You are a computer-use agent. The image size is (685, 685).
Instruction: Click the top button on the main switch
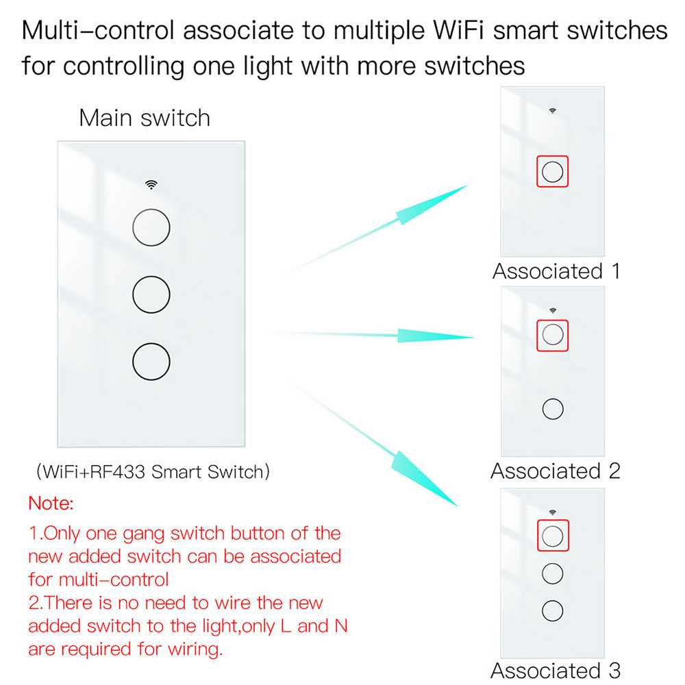tap(151, 227)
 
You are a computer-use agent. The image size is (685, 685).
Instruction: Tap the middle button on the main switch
tap(151, 294)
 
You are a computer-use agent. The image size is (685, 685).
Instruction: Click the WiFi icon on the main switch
tap(151, 184)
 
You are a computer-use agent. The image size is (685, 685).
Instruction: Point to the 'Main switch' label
tap(145, 118)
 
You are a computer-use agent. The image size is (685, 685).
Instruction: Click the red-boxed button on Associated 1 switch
tap(552, 171)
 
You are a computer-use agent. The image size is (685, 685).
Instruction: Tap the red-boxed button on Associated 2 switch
tap(552, 334)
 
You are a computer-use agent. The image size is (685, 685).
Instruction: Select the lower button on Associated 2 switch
tap(552, 409)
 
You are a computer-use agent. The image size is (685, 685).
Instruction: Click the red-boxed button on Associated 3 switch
tap(552, 535)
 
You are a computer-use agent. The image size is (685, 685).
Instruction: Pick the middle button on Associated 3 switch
tap(552, 573)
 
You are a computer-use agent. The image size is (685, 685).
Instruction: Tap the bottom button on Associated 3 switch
tap(552, 610)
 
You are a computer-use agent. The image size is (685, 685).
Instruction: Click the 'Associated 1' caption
tap(556, 271)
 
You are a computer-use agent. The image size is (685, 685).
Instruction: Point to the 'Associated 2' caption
tap(555, 471)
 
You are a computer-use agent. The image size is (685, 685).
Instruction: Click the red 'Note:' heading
tap(50, 504)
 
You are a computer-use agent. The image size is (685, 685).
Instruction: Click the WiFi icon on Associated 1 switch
tap(552, 110)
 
